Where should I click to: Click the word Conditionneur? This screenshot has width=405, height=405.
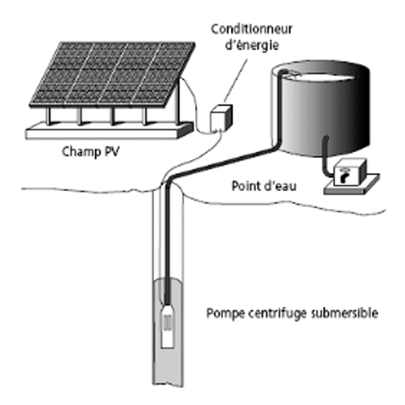(251, 29)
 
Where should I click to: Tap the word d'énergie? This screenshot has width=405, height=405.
(252, 45)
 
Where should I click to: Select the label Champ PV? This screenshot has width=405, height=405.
(91, 151)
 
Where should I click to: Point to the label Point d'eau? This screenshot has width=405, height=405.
(264, 186)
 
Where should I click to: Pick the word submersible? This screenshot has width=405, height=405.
(344, 313)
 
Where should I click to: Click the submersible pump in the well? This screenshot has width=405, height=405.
(168, 326)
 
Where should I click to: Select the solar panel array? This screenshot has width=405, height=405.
(112, 75)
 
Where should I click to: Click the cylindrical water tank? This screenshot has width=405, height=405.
(320, 108)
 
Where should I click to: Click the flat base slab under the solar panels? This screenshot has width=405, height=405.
(109, 130)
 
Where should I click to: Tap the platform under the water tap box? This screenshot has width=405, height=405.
(352, 185)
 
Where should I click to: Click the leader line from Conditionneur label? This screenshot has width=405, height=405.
(236, 82)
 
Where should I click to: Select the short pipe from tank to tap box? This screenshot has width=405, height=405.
(325, 156)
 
